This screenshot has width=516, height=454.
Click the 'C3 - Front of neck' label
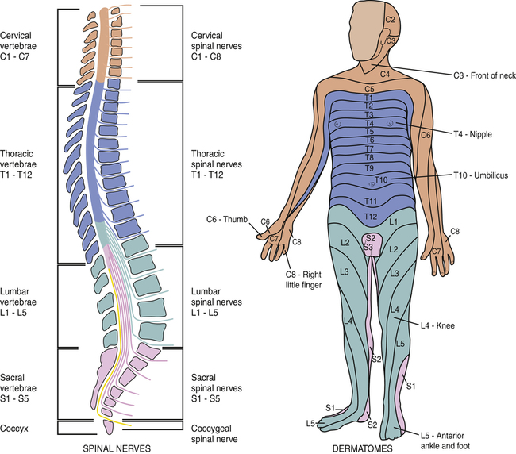click(x=472, y=77)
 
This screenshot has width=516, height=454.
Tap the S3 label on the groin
click(x=370, y=248)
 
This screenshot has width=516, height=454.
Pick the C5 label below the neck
click(x=369, y=89)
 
